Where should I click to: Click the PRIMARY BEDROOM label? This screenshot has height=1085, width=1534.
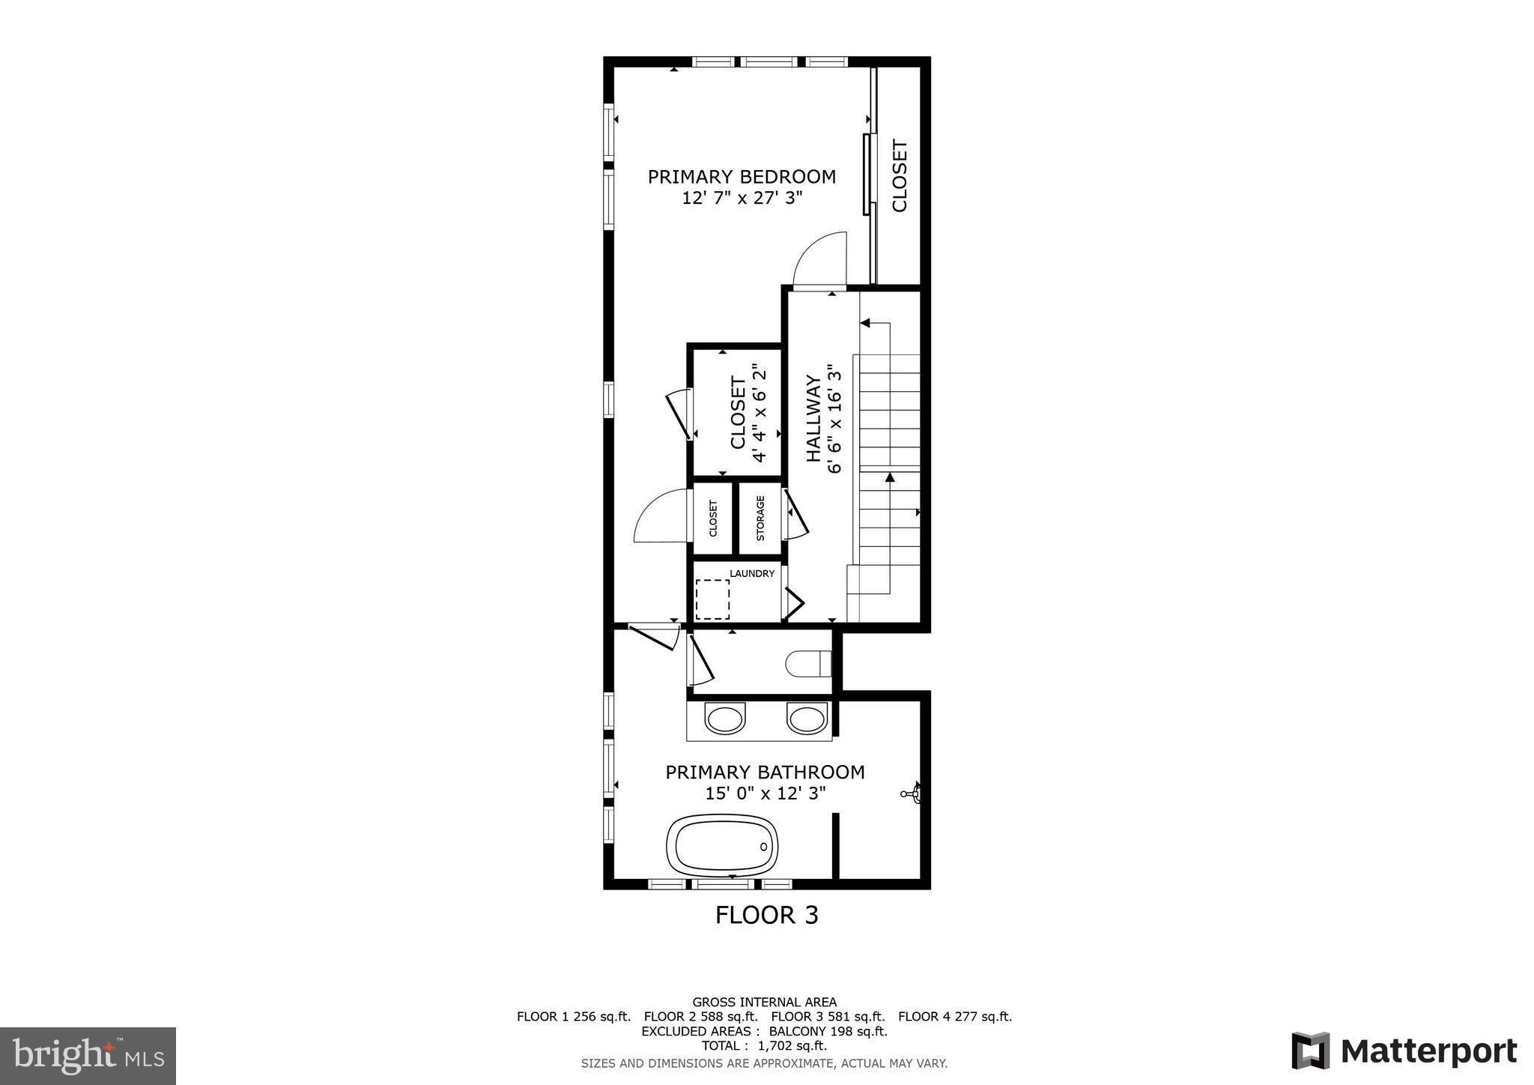[742, 177]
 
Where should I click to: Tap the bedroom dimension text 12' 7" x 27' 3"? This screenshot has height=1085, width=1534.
[742, 198]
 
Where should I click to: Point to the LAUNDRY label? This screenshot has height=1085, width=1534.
[752, 574]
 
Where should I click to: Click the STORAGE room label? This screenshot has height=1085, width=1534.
[760, 518]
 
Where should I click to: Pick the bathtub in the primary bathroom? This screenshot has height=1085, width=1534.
[722, 845]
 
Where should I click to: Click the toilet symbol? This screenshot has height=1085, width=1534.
[808, 663]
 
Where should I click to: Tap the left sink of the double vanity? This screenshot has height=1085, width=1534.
[726, 719]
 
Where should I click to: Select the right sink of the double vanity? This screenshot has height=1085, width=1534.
[807, 719]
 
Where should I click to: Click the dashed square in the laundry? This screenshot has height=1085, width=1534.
[712, 599]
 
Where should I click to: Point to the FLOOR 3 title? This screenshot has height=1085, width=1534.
[766, 915]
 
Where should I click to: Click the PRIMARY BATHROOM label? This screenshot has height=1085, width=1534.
[765, 772]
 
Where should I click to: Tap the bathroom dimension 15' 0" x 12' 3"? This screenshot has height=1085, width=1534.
[765, 794]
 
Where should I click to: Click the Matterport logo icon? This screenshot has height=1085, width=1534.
[1310, 1051]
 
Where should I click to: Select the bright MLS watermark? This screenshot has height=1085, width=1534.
[88, 1056]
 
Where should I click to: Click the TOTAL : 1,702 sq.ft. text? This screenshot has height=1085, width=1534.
[764, 1046]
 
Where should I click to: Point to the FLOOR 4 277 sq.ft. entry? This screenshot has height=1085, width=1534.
[954, 1017]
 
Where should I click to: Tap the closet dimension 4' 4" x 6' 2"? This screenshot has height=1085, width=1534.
[760, 413]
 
